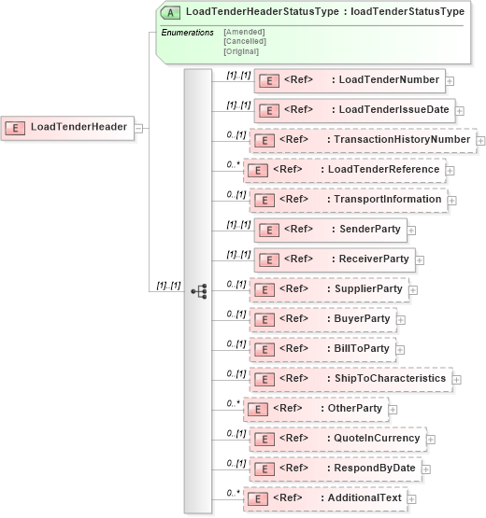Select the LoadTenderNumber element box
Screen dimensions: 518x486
coord(350,80)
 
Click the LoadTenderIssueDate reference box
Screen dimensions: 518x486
coord(354,110)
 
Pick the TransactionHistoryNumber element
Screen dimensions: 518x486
coord(364,140)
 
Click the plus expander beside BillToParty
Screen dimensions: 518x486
coord(401,349)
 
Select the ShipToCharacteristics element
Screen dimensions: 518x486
coord(350,379)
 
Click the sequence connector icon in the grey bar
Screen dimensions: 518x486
coord(198,291)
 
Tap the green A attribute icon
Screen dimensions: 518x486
coord(172,12)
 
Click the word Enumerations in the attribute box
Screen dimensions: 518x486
coord(187,33)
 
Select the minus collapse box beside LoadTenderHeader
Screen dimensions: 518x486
coord(138,127)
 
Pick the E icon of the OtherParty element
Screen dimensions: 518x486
coord(258,409)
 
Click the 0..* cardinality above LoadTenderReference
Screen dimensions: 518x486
coord(234,164)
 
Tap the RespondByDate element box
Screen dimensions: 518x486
coord(333,469)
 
